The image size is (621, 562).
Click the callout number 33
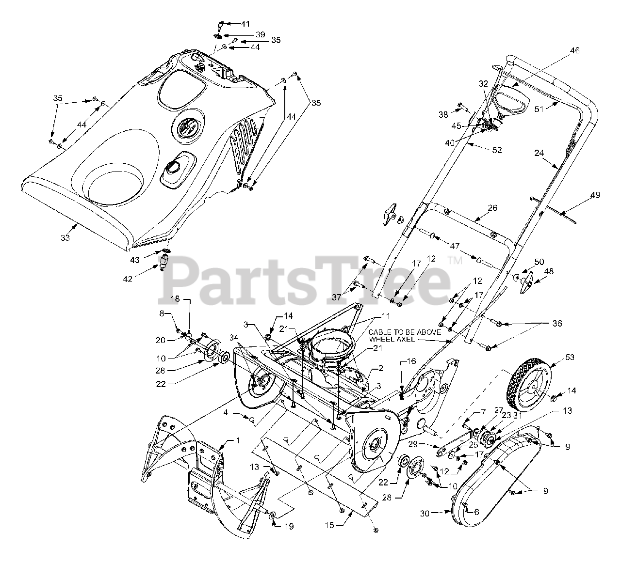click(65, 237)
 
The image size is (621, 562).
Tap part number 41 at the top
click(246, 23)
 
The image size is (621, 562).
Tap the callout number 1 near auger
click(238, 441)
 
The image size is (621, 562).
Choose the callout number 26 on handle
click(492, 209)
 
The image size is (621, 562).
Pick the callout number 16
click(411, 361)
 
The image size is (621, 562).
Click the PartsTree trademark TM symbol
click(455, 261)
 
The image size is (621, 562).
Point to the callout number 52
click(497, 150)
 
